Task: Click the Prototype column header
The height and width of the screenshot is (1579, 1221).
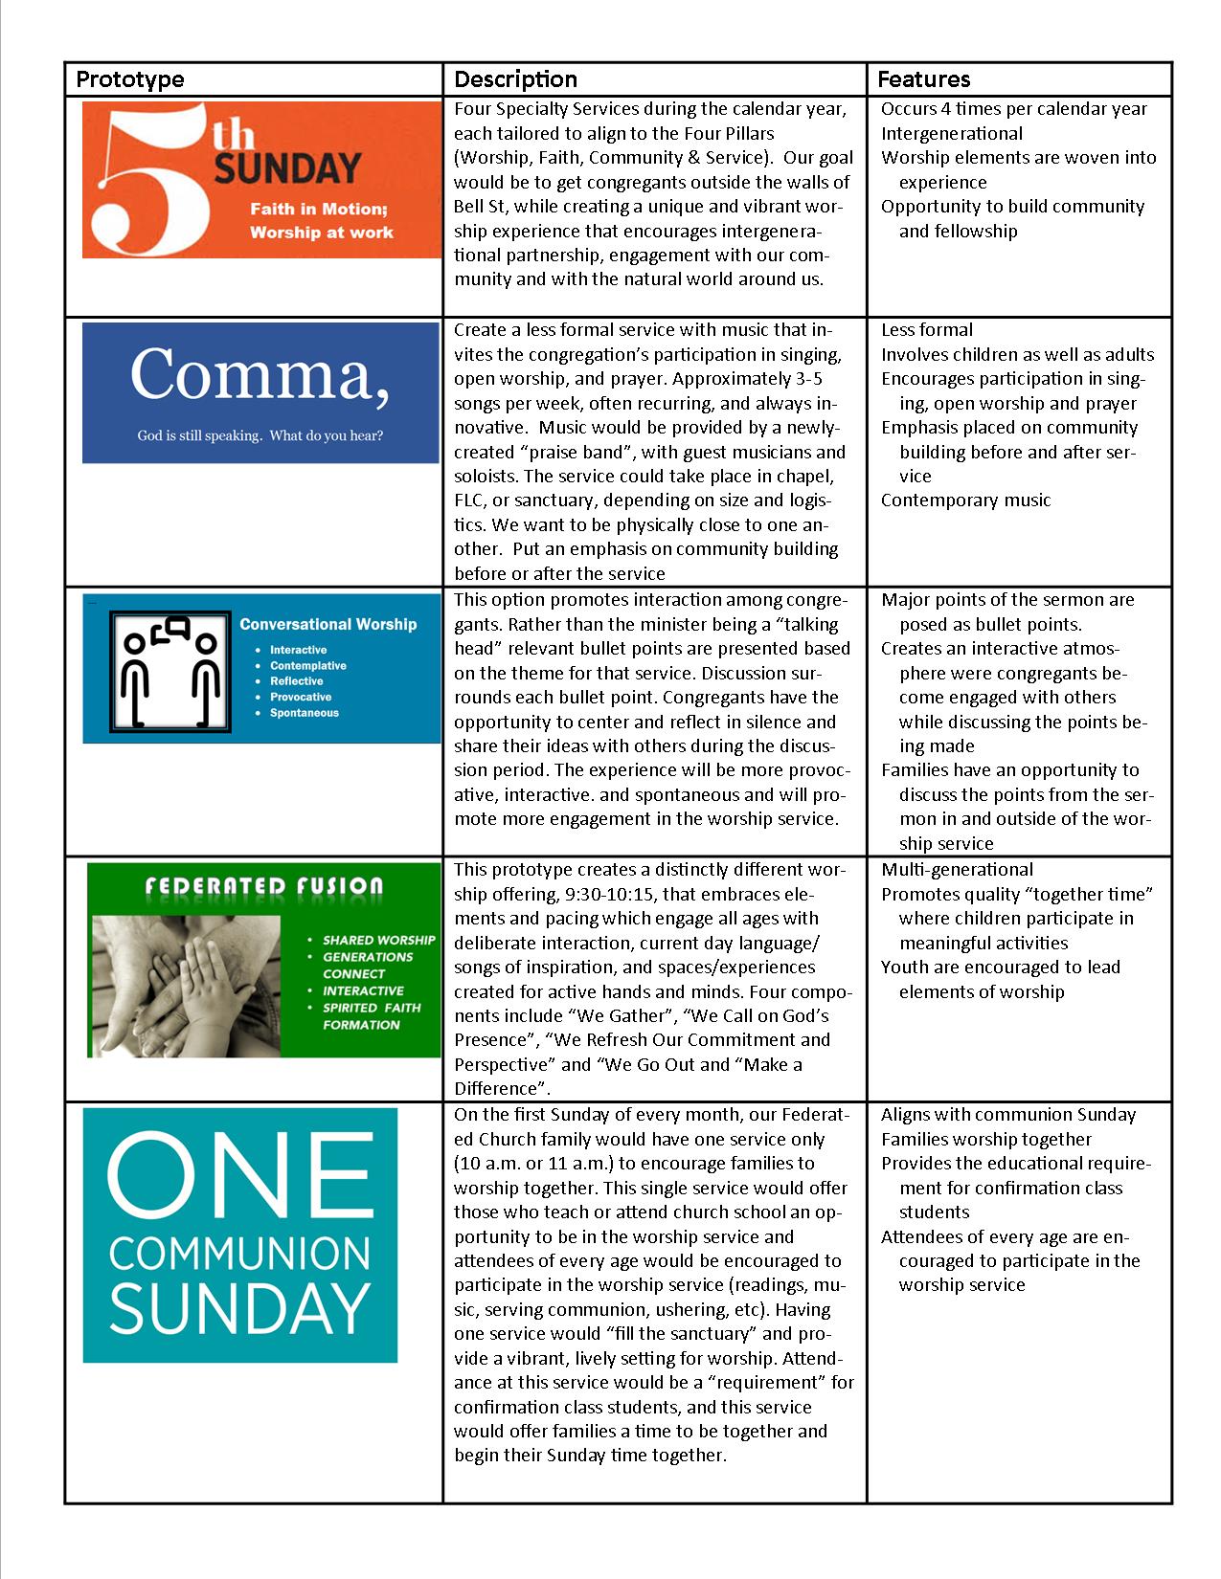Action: (130, 79)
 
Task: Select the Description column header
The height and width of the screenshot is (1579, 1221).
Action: (515, 79)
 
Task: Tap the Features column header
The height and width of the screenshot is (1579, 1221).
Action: (923, 79)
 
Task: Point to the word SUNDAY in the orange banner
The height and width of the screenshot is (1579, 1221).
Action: (287, 170)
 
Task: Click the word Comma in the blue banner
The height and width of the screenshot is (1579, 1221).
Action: (260, 374)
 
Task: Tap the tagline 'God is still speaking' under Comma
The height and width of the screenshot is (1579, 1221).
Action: (260, 436)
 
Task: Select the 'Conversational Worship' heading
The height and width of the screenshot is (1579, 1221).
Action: (328, 625)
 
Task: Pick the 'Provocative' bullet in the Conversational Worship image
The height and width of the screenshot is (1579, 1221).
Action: (301, 697)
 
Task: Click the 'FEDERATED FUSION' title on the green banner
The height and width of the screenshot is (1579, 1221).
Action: (263, 886)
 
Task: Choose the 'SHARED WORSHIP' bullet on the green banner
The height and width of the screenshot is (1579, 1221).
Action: (378, 940)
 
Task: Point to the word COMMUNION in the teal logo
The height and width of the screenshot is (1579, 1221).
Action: (239, 1253)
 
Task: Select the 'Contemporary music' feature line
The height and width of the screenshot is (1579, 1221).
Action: (965, 500)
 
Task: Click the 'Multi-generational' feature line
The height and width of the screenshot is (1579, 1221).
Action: (957, 870)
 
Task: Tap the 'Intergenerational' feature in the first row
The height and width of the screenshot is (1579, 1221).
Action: (951, 134)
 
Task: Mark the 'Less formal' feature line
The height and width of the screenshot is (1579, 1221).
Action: (927, 330)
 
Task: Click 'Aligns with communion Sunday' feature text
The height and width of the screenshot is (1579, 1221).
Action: (1008, 1115)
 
